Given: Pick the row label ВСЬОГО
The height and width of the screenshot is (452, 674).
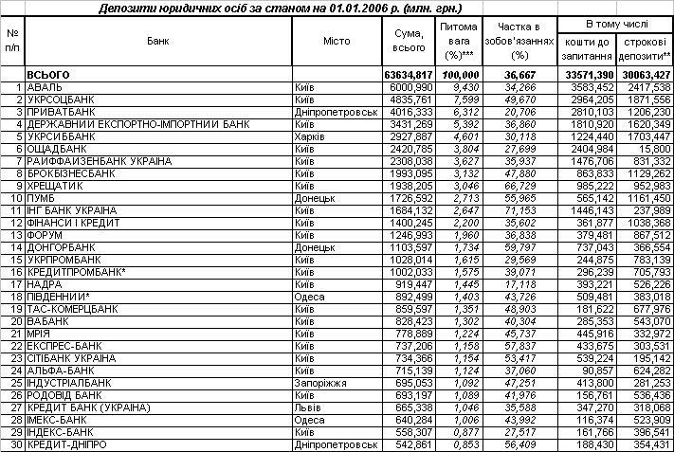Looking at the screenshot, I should [50, 74].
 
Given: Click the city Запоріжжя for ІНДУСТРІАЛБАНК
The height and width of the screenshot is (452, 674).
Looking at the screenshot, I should [317, 382].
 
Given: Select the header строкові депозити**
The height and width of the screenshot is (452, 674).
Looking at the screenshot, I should [644, 49].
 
